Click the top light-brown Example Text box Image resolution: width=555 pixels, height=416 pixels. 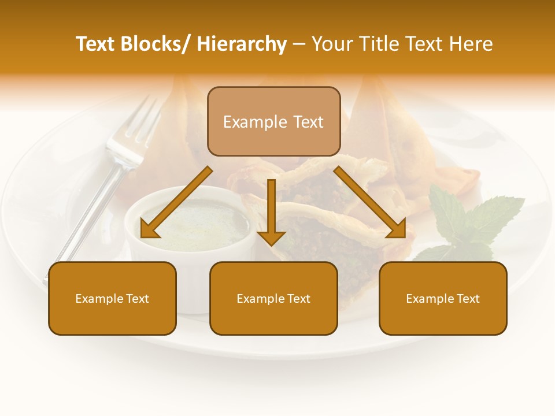click(273, 121)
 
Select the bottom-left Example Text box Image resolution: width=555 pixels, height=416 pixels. click(112, 298)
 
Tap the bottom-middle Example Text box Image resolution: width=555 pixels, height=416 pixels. click(273, 298)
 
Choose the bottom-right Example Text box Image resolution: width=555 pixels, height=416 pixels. click(443, 298)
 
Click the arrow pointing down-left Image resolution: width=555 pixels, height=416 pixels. click(173, 205)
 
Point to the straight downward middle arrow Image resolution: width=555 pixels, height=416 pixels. click(271, 208)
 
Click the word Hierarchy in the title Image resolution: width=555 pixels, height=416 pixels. click(242, 44)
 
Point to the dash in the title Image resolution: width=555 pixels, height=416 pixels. click(299, 44)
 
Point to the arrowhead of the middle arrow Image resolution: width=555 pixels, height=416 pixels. click(271, 237)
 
